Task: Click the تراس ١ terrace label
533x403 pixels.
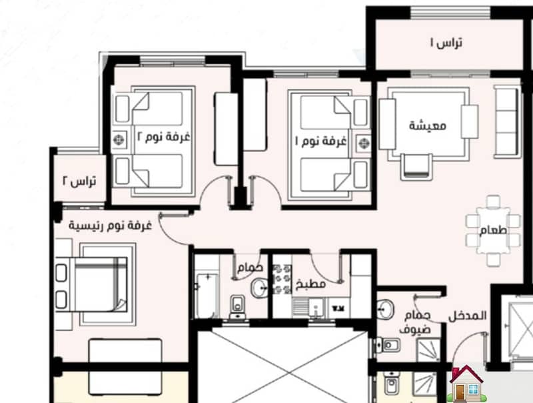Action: [446, 43]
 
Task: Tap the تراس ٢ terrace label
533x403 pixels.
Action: [79, 181]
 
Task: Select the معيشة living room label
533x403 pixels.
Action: [427, 125]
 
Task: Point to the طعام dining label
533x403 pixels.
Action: [493, 230]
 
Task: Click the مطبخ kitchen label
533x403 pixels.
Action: [310, 284]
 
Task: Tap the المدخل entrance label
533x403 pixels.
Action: [468, 316]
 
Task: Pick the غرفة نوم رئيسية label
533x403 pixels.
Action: [110, 226]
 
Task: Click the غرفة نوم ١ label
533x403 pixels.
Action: [320, 141]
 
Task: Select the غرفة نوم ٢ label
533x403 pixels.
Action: [163, 137]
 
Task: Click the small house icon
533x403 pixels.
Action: [466, 384]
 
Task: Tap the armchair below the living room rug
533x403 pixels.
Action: [416, 166]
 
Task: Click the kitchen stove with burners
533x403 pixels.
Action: [282, 280]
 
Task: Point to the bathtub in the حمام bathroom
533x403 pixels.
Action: [207, 296]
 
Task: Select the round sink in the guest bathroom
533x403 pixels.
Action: [385, 309]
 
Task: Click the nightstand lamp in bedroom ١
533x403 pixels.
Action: [363, 143]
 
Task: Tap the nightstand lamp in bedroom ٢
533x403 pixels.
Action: [119, 139]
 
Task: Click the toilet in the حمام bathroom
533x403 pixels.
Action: [238, 306]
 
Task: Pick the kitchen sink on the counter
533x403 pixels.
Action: [316, 308]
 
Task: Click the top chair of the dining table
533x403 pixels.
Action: [493, 201]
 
